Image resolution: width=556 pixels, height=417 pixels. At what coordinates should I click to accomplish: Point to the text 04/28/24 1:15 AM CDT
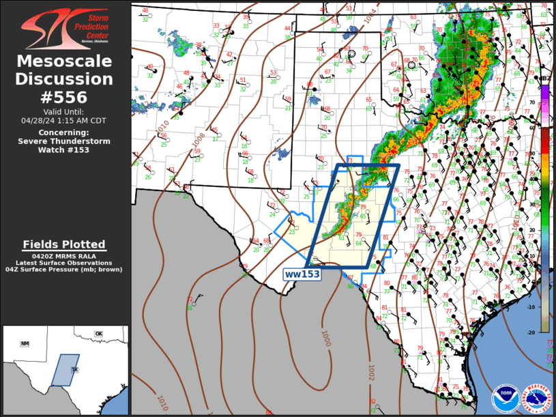pyautogui.click(x=65, y=120)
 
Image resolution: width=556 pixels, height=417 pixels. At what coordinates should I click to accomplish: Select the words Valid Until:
pyautogui.click(x=65, y=111)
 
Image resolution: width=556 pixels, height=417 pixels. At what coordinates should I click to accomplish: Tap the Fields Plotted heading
pyautogui.click(x=64, y=244)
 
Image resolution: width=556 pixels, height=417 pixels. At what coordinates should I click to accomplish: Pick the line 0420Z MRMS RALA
pyautogui.click(x=64, y=256)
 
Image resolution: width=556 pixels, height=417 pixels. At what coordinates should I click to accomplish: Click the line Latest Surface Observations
pyautogui.click(x=64, y=263)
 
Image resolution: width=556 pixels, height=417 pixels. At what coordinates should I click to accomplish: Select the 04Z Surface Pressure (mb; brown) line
pyautogui.click(x=64, y=270)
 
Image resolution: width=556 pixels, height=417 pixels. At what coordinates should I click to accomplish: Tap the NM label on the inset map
pyautogui.click(x=25, y=343)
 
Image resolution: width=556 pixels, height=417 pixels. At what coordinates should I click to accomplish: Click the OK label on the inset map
pyautogui.click(x=98, y=334)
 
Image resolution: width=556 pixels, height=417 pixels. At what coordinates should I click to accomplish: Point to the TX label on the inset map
pyautogui.click(x=75, y=369)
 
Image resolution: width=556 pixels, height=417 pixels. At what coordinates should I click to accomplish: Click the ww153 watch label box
pyautogui.click(x=302, y=274)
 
